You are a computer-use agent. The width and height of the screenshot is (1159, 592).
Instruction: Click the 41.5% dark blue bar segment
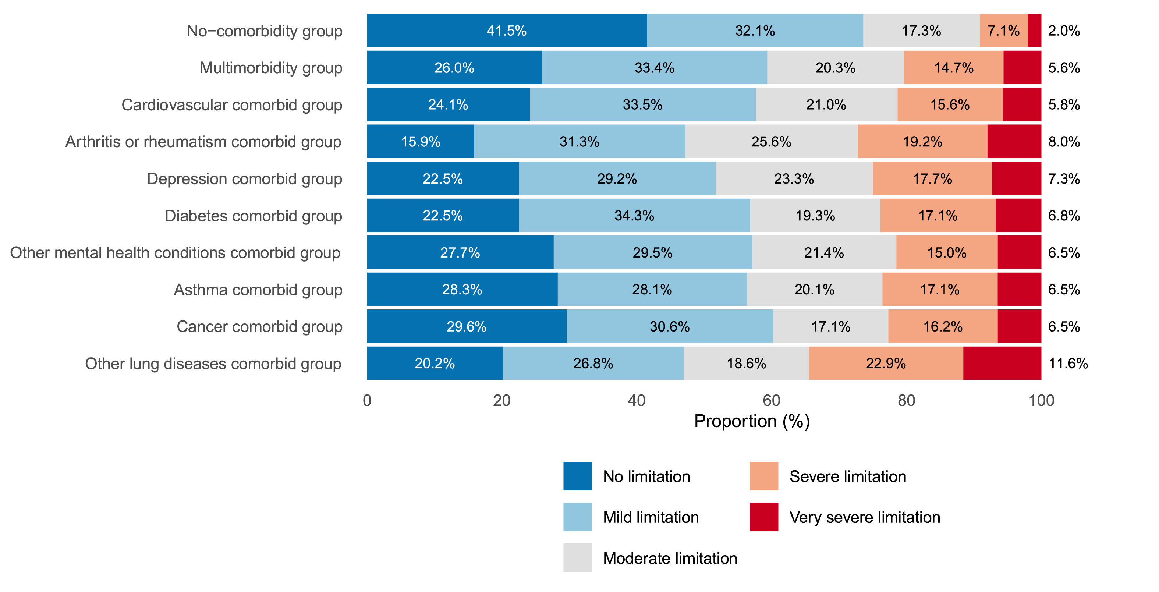click(507, 31)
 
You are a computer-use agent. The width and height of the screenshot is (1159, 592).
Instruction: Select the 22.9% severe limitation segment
click(886, 363)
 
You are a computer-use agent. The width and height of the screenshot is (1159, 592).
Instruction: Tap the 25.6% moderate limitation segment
click(771, 141)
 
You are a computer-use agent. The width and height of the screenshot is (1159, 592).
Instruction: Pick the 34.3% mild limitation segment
click(634, 216)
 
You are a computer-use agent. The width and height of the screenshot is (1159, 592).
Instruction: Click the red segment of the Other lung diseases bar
click(1002, 363)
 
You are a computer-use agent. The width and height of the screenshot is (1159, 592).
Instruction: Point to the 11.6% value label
click(1068, 363)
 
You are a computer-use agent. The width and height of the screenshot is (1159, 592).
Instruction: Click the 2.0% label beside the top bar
click(1064, 31)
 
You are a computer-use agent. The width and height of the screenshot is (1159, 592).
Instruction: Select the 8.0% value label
click(1064, 141)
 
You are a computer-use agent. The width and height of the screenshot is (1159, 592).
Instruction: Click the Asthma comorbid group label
click(258, 290)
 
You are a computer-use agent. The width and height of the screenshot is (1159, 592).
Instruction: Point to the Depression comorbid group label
click(244, 178)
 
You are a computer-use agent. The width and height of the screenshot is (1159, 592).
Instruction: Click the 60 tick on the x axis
click(771, 400)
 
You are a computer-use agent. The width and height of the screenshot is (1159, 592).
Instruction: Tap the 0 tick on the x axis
click(367, 400)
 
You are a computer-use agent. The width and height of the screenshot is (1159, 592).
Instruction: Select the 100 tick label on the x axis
click(1041, 400)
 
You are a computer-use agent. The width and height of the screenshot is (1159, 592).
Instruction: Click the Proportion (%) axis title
click(751, 421)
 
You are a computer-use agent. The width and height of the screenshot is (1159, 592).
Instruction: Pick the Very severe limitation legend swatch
click(763, 517)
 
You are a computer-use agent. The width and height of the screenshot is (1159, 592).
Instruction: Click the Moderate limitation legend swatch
click(577, 558)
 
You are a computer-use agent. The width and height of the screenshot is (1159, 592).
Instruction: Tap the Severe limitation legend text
click(847, 476)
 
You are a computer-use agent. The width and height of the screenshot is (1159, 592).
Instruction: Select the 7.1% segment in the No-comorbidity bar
click(1003, 31)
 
